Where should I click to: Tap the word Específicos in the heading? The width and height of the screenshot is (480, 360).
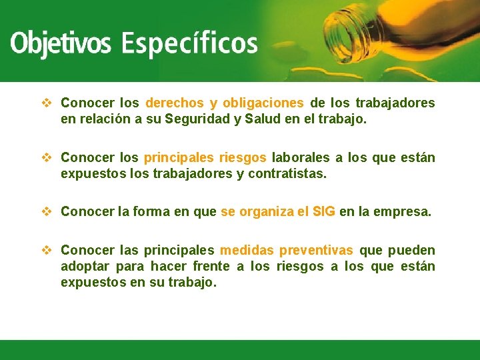point(189,44)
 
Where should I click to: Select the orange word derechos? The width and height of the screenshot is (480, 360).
point(175,103)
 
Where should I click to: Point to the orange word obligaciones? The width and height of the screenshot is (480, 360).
point(263,103)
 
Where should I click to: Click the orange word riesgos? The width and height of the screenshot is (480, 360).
point(242,158)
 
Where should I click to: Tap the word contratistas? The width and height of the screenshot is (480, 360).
point(288,174)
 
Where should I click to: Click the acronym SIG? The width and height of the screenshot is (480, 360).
point(324,212)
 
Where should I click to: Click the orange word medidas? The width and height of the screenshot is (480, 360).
point(247,251)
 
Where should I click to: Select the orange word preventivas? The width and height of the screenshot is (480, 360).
point(316,251)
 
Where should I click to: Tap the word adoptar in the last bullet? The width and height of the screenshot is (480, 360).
point(85,267)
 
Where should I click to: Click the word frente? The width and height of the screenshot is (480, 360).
point(211,267)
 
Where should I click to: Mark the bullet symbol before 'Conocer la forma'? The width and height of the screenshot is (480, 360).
point(46,212)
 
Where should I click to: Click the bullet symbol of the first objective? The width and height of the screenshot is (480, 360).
point(46,103)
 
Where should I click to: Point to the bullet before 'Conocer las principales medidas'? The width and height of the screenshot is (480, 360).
point(46,251)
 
